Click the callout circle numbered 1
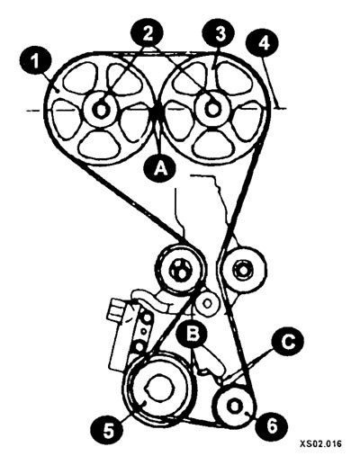[x=36, y=63]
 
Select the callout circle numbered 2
[x=147, y=33]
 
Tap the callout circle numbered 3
[x=219, y=33]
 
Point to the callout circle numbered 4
[x=262, y=43]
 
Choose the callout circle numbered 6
[x=271, y=425]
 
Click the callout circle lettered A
[x=159, y=169]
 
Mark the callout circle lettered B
[x=193, y=333]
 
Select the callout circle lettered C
[x=287, y=342]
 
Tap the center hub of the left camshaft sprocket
[x=101, y=110]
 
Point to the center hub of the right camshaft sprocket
[x=212, y=109]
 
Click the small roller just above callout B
[x=206, y=303]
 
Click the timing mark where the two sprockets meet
[x=157, y=111]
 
